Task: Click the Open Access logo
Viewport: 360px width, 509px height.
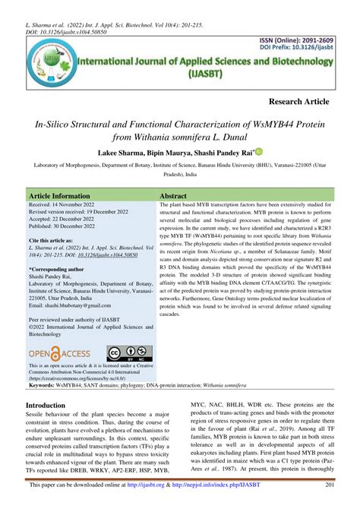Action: pos(59,353)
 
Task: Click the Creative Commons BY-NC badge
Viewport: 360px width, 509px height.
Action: pos(127,353)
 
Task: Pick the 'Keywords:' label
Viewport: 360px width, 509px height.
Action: pos(45,386)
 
